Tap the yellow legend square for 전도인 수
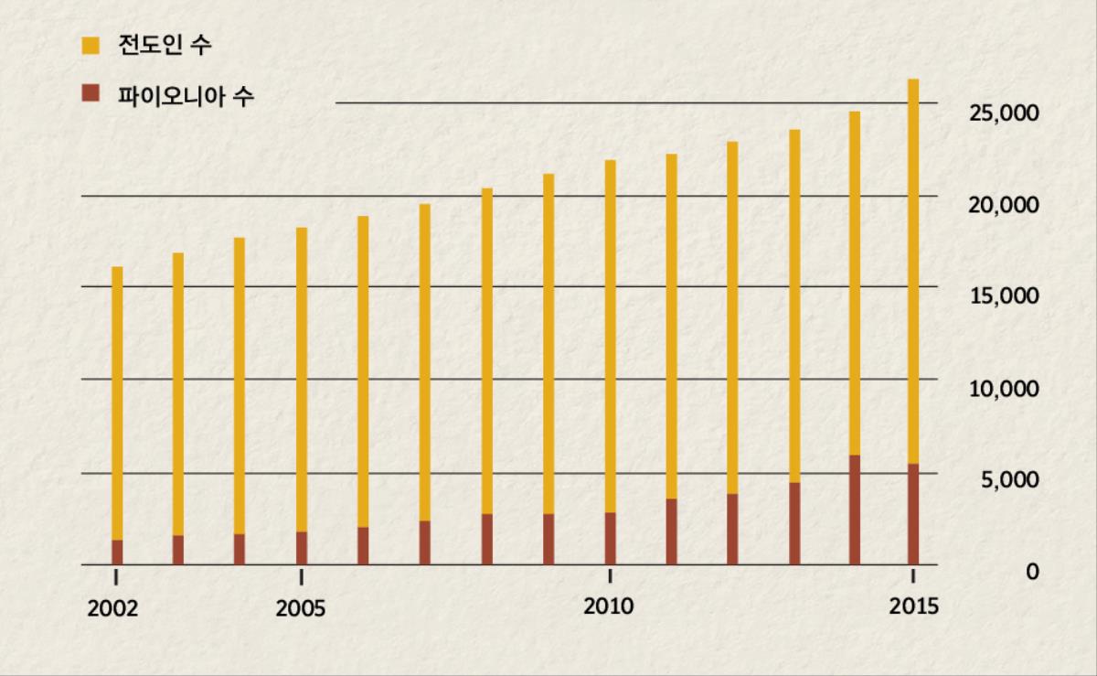point(91,45)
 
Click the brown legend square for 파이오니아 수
point(91,93)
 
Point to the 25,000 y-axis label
point(1004,114)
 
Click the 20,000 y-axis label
point(1004,206)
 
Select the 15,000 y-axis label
point(1004,297)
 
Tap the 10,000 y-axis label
point(1004,389)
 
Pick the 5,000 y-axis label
point(1009,480)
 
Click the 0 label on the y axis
point(1032,572)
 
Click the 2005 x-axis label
point(301,608)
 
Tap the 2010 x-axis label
point(609,606)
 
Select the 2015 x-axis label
point(913,606)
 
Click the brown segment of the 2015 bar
point(912,514)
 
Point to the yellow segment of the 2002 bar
point(117,402)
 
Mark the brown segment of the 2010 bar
point(610,539)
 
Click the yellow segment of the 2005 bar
point(302,380)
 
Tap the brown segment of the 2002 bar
point(117,553)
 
